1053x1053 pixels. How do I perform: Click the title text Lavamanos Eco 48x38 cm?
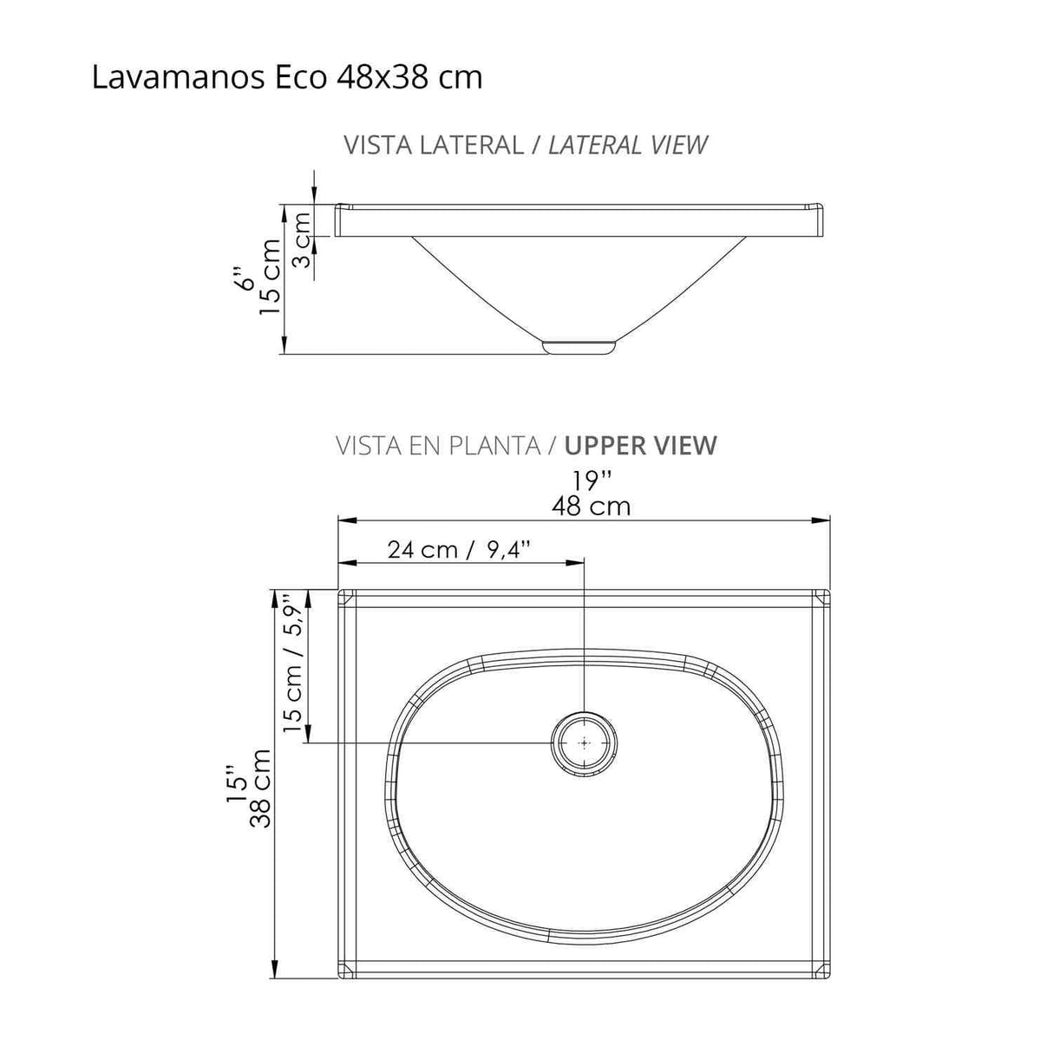286,78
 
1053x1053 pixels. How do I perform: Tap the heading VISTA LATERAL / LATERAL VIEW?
526,145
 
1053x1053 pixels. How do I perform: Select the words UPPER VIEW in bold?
640,446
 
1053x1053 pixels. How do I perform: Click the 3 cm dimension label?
301,238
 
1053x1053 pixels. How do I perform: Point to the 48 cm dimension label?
592,507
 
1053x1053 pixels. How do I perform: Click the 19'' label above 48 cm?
592,481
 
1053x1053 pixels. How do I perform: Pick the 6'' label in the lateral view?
247,279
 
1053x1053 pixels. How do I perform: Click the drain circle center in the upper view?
585,743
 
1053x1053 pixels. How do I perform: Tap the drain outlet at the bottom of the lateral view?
579,346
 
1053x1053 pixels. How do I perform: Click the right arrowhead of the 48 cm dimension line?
823,520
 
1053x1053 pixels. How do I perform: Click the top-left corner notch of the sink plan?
344,597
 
